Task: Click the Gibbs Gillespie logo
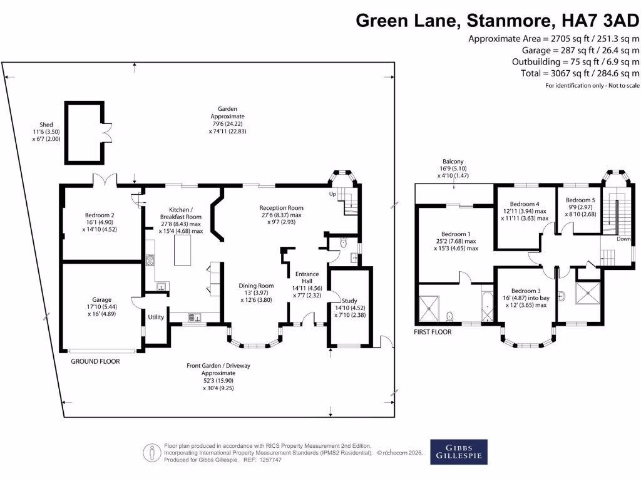click(459, 452)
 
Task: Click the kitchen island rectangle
click(182, 251)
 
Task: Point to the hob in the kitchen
click(150, 260)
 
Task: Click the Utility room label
click(156, 317)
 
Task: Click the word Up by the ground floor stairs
click(333, 194)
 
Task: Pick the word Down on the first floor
click(623, 239)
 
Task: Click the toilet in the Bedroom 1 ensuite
click(449, 316)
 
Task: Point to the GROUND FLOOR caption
click(95, 361)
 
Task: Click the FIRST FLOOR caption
click(433, 332)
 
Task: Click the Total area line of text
click(580, 73)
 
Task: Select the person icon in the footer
click(151, 453)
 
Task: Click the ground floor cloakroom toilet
click(344, 243)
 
